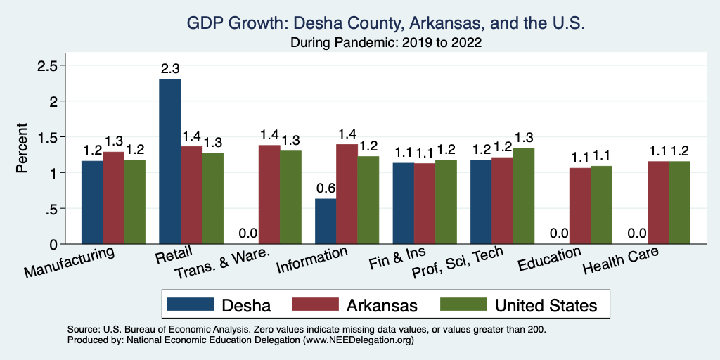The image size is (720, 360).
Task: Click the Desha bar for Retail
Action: [170, 161]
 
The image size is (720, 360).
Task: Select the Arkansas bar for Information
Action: [347, 193]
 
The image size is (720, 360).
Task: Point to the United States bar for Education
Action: [601, 205]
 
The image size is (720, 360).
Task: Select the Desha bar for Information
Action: [326, 221]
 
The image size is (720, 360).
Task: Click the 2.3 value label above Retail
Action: [170, 69]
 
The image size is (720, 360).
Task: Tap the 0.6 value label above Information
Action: [326, 189]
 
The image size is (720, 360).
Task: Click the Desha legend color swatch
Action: [190, 304]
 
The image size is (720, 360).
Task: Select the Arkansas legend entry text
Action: [382, 305]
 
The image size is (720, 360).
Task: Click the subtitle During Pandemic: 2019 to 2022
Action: [386, 42]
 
